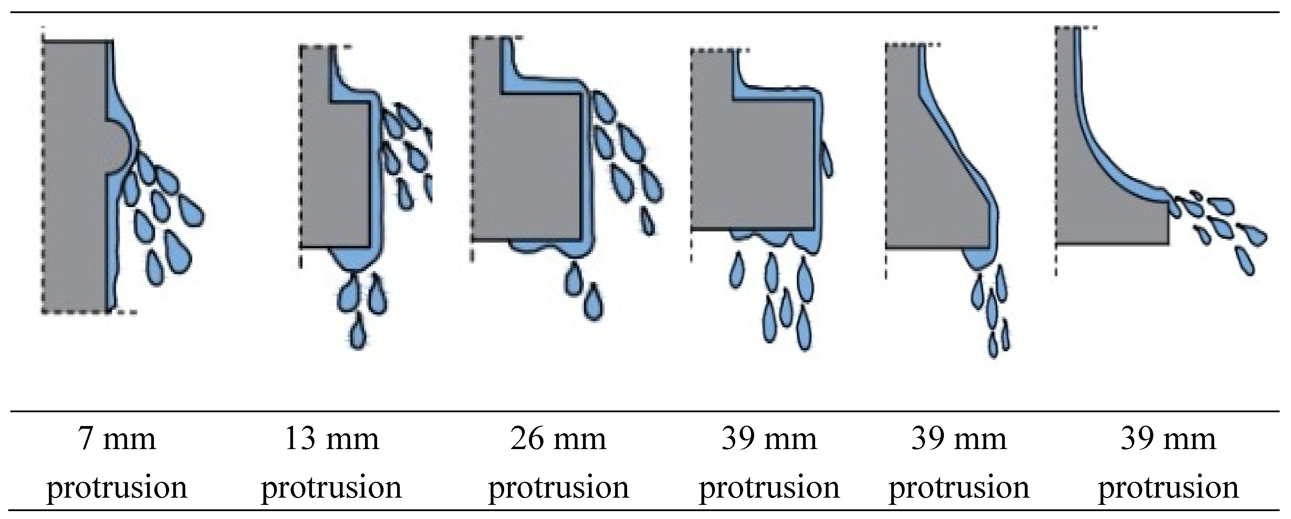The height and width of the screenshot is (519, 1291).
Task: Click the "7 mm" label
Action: pyautogui.click(x=117, y=439)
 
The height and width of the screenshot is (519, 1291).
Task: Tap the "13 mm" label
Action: pyautogui.click(x=332, y=439)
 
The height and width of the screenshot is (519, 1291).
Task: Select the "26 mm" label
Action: pyautogui.click(x=558, y=439)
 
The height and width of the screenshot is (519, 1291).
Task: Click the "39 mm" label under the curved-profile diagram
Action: pyautogui.click(x=1168, y=439)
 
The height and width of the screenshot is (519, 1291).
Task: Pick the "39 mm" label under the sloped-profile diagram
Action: pyautogui.click(x=959, y=439)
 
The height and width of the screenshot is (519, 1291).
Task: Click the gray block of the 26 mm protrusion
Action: pyautogui.click(x=526, y=165)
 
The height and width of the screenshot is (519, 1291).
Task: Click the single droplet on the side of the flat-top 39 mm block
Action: pyautogui.click(x=827, y=159)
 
